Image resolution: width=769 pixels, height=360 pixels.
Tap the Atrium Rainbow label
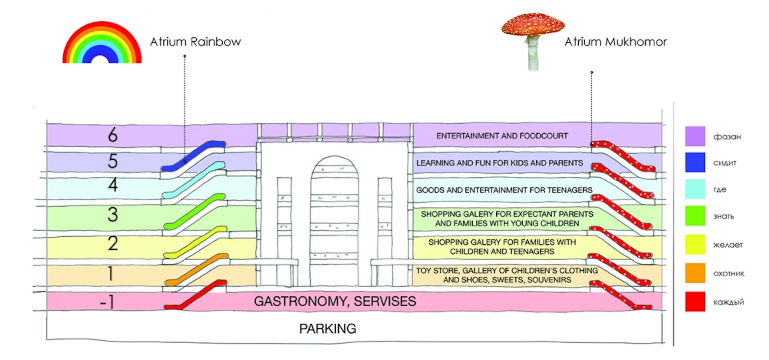tap(195, 42)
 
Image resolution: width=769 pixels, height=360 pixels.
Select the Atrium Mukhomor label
tap(616, 42)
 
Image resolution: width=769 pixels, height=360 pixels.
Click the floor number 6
tap(113, 135)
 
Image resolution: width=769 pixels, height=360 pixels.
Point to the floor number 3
tap(113, 214)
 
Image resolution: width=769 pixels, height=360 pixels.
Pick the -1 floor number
tap(107, 302)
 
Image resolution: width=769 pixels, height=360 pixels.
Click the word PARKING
tap(328, 329)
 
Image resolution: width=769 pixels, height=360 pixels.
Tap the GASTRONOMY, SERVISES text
tap(335, 301)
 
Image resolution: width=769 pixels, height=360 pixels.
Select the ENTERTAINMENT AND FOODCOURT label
tap(502, 136)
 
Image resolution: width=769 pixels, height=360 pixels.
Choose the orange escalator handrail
tap(197, 269)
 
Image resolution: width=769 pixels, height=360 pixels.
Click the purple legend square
tap(695, 136)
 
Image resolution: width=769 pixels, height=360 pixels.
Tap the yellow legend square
tap(695, 244)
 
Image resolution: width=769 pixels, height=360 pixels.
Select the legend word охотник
tap(729, 274)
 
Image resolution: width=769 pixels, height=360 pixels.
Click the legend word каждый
tap(728, 302)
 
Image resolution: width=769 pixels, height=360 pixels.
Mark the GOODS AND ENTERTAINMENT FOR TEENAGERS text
tap(504, 190)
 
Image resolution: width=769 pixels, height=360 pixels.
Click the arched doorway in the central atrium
tap(334, 220)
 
